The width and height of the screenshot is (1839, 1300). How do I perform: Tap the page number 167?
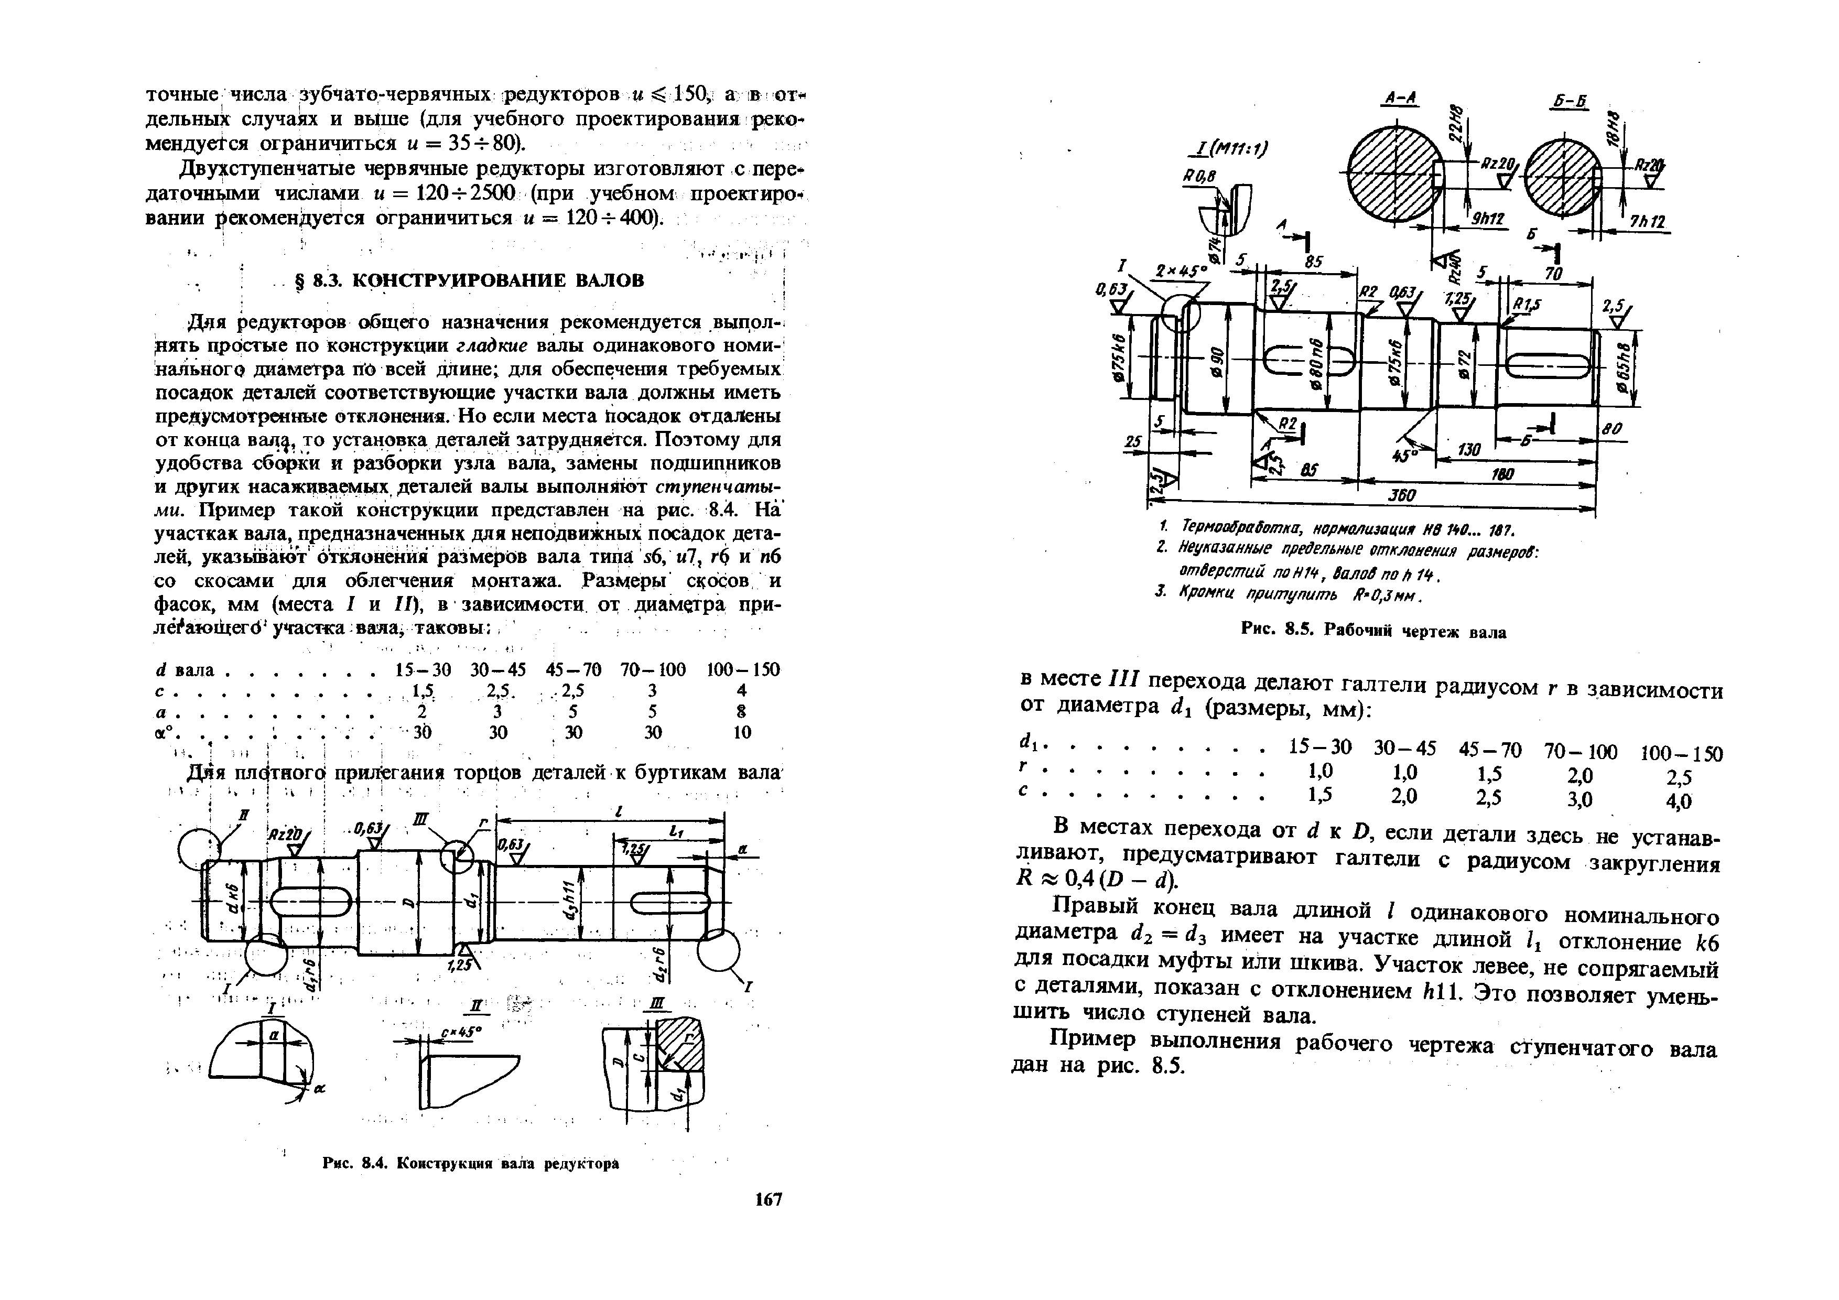[x=767, y=1199]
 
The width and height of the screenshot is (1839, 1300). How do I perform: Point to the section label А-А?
[x=1400, y=99]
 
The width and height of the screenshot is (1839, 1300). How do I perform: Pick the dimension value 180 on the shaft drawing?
[x=1503, y=475]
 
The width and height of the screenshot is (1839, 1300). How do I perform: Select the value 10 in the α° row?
[x=742, y=731]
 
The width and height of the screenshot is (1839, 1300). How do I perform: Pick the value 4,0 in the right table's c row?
[x=1679, y=801]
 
